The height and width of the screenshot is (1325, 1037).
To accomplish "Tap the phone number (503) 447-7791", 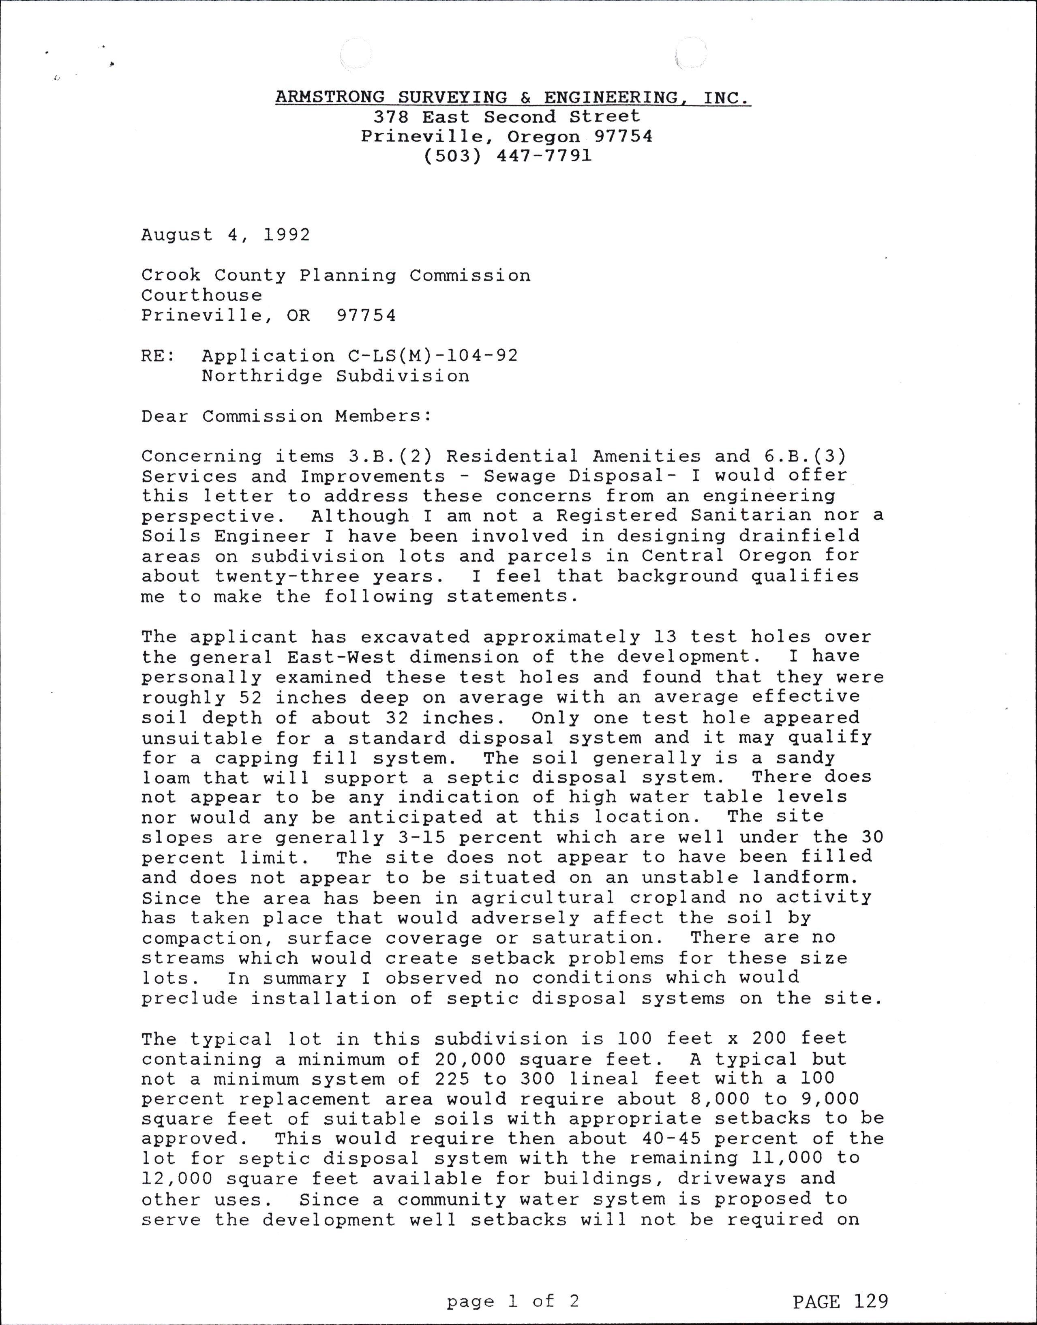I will point(507,156).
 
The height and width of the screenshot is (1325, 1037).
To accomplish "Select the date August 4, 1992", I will point(225,235).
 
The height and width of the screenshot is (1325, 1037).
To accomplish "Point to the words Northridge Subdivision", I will point(335,376).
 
